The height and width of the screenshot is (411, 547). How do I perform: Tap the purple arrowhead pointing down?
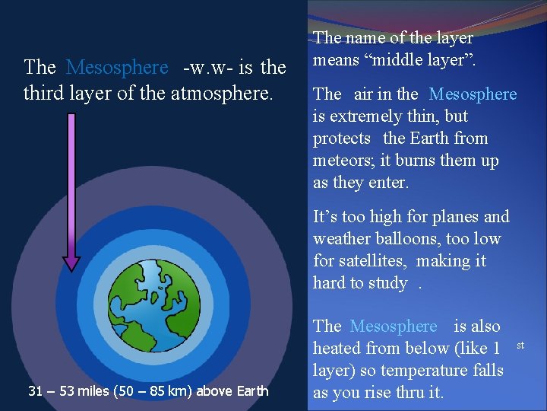71,262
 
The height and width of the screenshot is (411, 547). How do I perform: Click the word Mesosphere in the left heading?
117,68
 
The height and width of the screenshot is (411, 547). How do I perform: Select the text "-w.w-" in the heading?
207,68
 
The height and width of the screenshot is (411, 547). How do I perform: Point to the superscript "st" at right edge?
520,346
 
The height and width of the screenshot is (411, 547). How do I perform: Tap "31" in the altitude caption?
35,391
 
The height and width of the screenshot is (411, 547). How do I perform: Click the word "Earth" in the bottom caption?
251,391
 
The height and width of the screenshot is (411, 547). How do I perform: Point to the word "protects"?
342,139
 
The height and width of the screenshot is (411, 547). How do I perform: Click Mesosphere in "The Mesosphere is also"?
394,327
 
